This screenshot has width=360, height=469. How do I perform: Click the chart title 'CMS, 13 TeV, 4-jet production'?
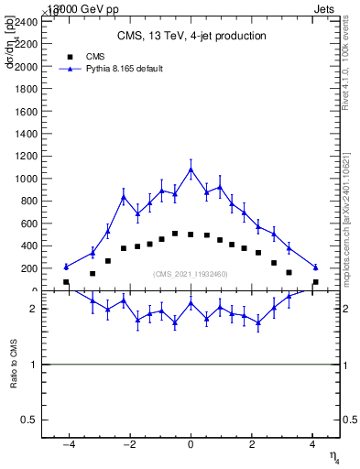191,37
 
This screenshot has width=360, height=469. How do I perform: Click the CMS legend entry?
108,56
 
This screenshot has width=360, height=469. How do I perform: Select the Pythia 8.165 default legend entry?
124,69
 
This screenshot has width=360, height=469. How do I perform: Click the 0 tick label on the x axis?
191,445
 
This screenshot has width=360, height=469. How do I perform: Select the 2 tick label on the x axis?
253,445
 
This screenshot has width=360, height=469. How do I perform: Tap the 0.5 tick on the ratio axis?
30,420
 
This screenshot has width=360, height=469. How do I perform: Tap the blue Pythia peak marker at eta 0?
191,169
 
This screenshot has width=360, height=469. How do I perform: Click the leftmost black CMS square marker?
66,282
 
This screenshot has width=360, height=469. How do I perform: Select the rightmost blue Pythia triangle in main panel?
315,267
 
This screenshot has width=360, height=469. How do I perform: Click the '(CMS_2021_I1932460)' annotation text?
191,274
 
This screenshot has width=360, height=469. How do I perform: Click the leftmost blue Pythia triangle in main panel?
66,267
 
